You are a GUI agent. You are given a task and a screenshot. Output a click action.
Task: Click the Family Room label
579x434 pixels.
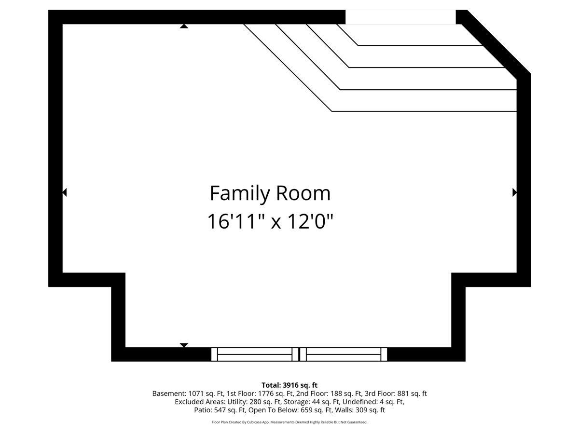coord(270,194)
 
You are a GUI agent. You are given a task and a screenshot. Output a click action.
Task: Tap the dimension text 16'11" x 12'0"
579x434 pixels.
coord(270,221)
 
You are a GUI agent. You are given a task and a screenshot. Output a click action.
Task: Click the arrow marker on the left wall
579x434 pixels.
coord(65,192)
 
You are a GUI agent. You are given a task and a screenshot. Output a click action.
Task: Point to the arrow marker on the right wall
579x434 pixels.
coord(514,192)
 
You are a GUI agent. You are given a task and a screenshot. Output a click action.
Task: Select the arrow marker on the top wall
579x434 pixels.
coord(184,26)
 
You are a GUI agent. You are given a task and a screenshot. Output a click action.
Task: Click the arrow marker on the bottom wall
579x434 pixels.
coord(184,345)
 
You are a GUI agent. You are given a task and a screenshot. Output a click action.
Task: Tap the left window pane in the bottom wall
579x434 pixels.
coord(255,354)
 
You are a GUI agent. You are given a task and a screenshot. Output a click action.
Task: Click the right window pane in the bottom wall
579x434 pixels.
coord(344,354)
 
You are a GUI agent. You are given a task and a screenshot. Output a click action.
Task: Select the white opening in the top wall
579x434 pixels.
coord(400,17)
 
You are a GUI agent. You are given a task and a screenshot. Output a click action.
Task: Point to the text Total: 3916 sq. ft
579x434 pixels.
coord(289,385)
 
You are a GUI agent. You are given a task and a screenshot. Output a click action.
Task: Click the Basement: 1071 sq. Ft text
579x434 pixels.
coord(188,393)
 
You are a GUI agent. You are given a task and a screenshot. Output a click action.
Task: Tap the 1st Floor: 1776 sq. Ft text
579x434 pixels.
coord(260,393)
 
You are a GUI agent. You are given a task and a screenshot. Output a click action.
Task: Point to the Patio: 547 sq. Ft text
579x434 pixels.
coord(220,410)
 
